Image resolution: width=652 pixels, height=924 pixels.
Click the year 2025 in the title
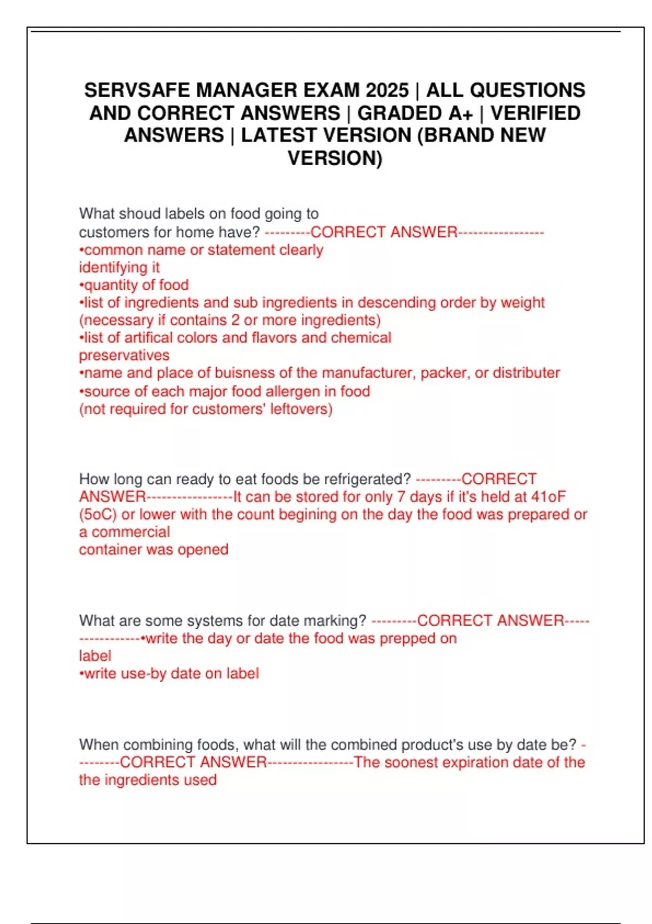[387, 90]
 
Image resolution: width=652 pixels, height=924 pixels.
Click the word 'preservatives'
[124, 355]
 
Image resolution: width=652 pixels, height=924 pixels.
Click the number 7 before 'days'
[400, 497]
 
